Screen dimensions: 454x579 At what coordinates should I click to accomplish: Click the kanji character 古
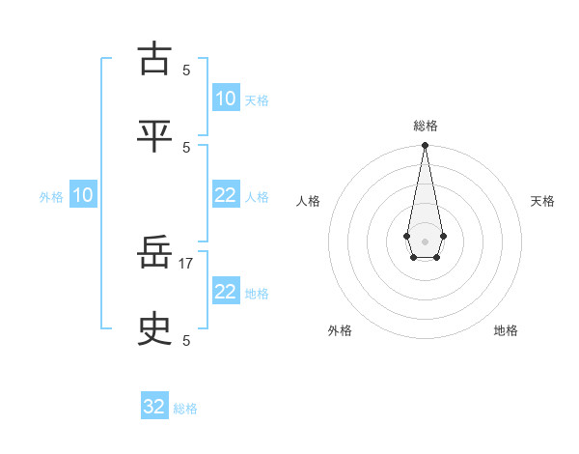pos(154,59)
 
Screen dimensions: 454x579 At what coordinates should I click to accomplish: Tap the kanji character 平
pos(154,136)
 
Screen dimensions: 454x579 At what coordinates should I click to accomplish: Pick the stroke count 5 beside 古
pos(186,70)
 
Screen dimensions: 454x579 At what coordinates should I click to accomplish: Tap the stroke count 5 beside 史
pos(186,340)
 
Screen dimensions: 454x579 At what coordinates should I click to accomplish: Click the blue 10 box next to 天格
pos(225,98)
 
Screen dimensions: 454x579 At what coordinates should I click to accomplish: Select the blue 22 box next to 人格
pos(225,195)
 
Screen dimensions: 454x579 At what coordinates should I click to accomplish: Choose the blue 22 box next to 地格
pos(225,292)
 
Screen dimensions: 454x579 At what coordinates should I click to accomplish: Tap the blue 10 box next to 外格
pos(83,195)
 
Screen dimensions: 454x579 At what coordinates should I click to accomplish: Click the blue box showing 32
pos(154,407)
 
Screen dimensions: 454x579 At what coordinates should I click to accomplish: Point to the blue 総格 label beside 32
pos(185,409)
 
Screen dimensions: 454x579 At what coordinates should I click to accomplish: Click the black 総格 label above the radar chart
pos(426,126)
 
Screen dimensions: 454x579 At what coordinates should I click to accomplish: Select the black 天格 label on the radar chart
pos(543,201)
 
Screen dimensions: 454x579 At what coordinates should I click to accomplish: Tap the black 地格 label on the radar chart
pos(506,330)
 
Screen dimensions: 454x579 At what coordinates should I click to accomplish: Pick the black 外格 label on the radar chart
pos(340,330)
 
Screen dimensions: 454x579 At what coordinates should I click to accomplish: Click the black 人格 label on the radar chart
pos(308,201)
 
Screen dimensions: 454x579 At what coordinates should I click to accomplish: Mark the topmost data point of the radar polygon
pos(425,145)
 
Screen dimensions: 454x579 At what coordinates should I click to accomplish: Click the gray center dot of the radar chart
pos(425,240)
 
